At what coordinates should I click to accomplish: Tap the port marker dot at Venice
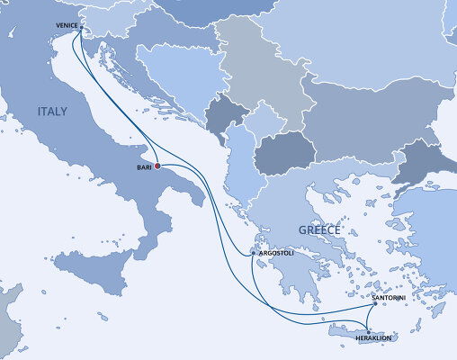(79, 28)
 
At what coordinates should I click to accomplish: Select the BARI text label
(143, 166)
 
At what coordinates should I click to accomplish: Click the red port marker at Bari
(157, 166)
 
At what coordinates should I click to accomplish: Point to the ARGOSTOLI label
(275, 255)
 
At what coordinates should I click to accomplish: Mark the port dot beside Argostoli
(254, 256)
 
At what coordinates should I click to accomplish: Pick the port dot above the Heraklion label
(369, 330)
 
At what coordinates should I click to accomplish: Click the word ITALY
(52, 111)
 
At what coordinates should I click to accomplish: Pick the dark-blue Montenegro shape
(219, 115)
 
